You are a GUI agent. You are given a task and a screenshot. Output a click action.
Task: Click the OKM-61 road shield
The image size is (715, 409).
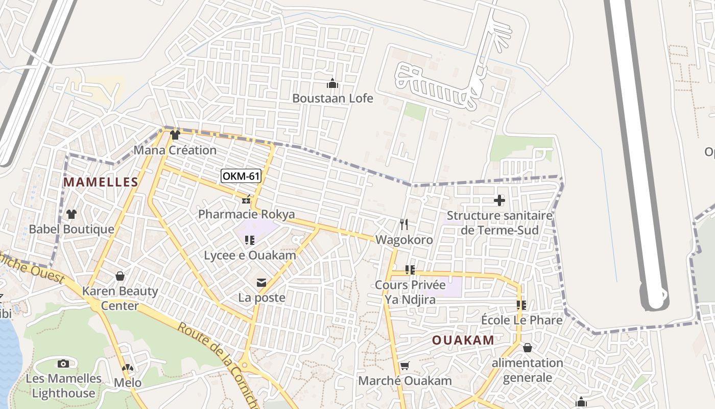point(241,176)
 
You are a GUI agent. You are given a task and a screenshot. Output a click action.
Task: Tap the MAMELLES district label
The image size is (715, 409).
point(101,182)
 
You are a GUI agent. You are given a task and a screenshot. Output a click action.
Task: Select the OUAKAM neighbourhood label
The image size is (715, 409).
point(463,340)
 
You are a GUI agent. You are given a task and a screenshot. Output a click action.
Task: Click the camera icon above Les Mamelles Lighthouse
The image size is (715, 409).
point(63,363)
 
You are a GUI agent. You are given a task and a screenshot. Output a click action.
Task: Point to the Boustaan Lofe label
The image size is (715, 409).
point(332,98)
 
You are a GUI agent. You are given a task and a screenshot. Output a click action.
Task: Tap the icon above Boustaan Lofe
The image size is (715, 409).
point(332,83)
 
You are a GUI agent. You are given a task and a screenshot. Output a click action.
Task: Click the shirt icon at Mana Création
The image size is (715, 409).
point(175,135)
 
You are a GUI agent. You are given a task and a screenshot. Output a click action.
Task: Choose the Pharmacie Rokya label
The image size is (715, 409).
point(247,214)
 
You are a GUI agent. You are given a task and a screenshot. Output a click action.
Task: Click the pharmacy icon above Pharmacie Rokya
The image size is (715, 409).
point(246,199)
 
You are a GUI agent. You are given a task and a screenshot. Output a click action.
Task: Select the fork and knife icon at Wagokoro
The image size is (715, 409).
point(404,224)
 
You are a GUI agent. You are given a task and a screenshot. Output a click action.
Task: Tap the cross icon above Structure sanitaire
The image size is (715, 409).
point(499,200)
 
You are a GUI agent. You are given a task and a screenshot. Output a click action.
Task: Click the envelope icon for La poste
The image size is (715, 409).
point(261,283)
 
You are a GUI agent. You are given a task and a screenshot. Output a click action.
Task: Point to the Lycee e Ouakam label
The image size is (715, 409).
point(250,255)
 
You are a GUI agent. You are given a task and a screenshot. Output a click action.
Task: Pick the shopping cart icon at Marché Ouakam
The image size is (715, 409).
point(404,366)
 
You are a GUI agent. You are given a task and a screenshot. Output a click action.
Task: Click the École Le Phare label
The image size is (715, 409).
point(521,320)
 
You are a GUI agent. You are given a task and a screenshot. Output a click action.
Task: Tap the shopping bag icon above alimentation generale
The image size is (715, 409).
point(528,348)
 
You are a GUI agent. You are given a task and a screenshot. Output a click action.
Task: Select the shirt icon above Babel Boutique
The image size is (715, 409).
point(71,214)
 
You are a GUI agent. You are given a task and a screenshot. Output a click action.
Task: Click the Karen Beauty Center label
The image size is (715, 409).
point(120,299)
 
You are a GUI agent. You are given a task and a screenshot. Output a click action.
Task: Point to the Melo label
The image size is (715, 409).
point(127,382)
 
